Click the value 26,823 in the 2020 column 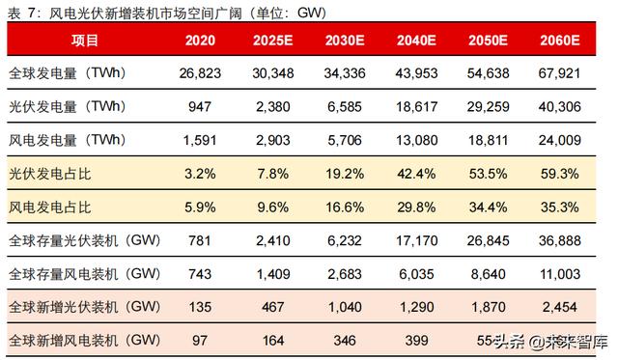pos(200,74)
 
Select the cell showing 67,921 pos(561,74)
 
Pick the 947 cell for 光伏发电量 pos(200,108)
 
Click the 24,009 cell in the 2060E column pos(561,141)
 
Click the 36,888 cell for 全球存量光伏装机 pos(561,241)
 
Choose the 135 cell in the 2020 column pos(200,307)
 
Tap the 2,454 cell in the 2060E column pos(561,307)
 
